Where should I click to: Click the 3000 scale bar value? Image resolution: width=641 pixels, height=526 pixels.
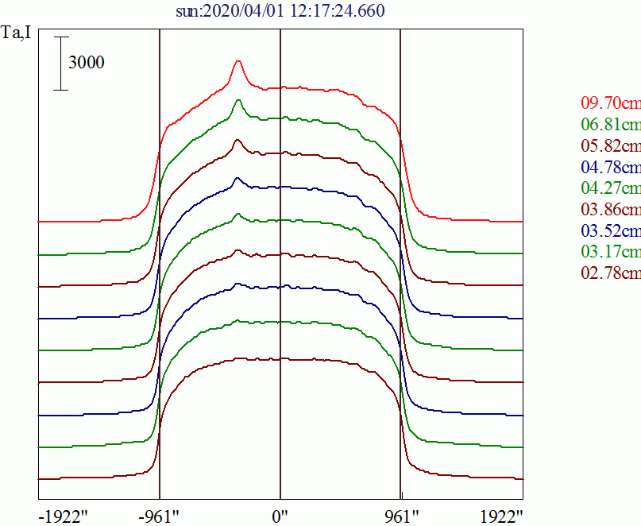87,64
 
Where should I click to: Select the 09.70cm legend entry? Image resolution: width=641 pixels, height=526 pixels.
610,103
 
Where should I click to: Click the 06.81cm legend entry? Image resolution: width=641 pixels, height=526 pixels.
610,125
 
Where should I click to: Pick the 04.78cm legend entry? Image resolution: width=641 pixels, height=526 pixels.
610,167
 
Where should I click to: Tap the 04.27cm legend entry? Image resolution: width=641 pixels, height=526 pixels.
610,188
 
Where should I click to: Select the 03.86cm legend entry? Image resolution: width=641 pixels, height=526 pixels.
610,210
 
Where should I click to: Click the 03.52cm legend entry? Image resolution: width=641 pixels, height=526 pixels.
610,231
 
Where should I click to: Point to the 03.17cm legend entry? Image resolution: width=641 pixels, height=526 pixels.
610,253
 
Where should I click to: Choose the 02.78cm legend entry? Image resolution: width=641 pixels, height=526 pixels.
610,273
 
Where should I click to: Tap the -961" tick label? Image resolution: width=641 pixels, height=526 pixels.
159,516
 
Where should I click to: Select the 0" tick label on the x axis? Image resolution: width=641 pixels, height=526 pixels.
280,516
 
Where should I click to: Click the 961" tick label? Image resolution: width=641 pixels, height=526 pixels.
400,516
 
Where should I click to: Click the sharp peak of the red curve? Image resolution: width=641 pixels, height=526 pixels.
237,61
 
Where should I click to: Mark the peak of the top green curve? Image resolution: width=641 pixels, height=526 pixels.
237,100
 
